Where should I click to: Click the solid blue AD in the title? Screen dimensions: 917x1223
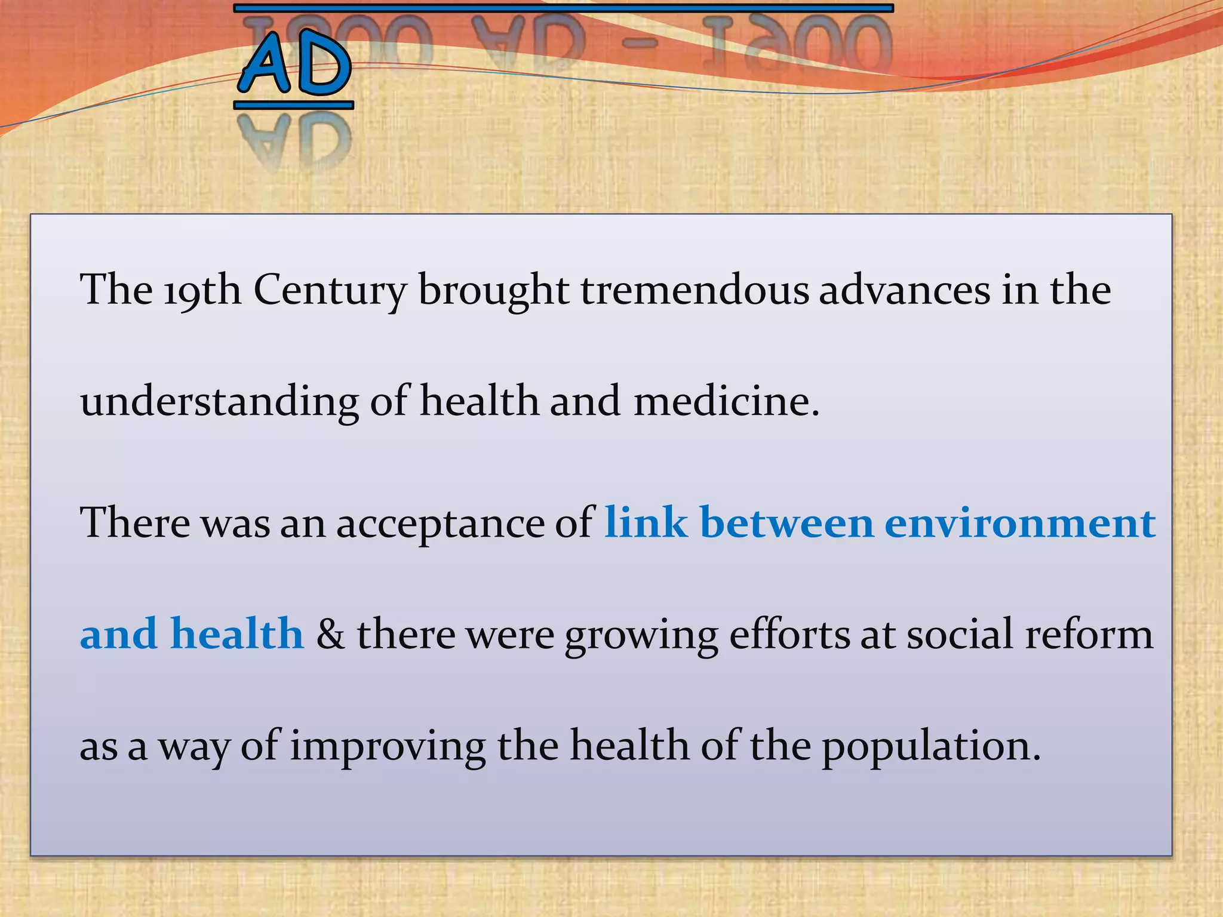point(294,64)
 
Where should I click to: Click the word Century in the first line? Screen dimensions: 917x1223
point(330,290)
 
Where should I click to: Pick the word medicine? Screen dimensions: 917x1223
point(726,401)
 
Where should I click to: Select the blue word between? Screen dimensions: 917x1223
point(786,522)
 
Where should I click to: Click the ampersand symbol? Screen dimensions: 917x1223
point(330,634)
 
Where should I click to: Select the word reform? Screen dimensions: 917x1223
point(1089,634)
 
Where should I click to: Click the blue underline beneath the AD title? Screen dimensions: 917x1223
point(294,106)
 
